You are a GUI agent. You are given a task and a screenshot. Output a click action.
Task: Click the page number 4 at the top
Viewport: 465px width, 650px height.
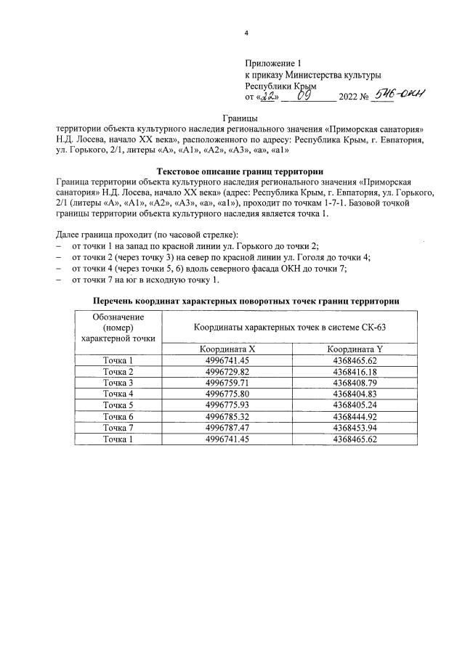(246, 33)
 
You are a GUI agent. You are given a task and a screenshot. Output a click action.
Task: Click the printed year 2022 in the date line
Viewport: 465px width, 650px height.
(344, 97)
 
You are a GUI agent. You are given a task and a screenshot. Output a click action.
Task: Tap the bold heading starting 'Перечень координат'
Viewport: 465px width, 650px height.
(246, 301)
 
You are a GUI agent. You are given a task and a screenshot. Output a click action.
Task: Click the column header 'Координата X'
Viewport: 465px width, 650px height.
(227, 349)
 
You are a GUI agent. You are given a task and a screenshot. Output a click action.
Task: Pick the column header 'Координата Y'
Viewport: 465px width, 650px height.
(355, 349)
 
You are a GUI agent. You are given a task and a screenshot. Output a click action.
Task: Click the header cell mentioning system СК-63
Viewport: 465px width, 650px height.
(290, 328)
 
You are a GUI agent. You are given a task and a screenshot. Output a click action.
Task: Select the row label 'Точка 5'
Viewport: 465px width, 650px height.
(118, 405)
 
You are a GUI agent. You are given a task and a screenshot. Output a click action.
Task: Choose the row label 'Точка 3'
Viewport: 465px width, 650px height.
(118, 383)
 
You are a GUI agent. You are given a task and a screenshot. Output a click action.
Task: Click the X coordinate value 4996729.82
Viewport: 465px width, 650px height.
(227, 372)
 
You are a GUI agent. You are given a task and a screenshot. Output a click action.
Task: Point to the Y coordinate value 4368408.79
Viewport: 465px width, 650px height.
(355, 383)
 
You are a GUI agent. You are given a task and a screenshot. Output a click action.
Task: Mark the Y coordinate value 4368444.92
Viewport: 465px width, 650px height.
(355, 415)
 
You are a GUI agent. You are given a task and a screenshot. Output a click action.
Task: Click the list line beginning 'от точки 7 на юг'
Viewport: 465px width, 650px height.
(145, 280)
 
